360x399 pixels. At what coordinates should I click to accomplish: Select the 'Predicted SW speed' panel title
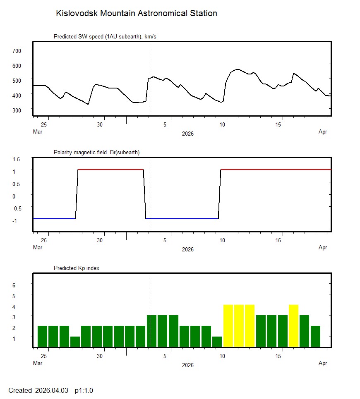(x=105, y=37)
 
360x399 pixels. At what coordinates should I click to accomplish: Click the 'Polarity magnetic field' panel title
(x=96, y=153)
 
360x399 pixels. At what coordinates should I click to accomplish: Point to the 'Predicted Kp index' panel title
(x=77, y=268)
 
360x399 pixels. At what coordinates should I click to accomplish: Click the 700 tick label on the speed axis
(x=17, y=50)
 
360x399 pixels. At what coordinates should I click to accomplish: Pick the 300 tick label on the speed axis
(x=17, y=110)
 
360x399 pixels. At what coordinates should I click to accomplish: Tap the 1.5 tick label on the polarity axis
(x=17, y=159)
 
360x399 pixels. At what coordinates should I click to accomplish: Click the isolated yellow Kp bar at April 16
(x=293, y=326)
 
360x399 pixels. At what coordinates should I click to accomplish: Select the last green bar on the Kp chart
(x=315, y=337)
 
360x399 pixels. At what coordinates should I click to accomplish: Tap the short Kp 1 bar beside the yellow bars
(x=217, y=342)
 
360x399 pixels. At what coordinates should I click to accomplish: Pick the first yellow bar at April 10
(x=228, y=326)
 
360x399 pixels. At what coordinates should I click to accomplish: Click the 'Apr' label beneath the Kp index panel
(x=323, y=363)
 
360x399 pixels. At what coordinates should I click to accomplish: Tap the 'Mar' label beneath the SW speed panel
(x=37, y=132)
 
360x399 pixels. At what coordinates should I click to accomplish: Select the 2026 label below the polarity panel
(x=187, y=249)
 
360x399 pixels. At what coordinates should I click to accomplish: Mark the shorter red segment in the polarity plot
(x=110, y=170)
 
